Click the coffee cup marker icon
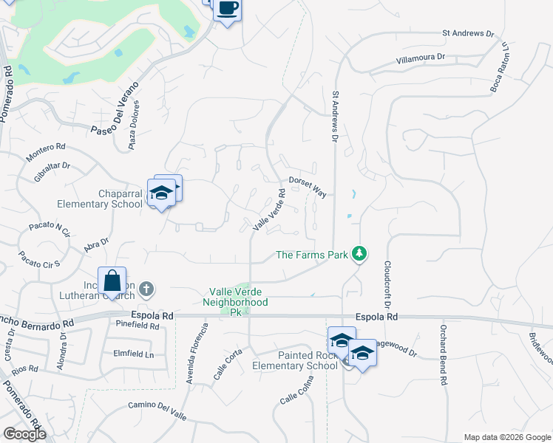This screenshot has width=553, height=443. point(228,9)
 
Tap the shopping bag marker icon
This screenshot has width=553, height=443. point(112,281)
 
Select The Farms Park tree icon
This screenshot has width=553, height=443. point(359,254)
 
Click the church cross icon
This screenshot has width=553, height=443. point(146,289)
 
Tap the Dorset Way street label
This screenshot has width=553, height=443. point(308,186)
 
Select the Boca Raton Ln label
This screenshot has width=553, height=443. point(501,68)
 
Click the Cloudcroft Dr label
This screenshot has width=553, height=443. point(386,284)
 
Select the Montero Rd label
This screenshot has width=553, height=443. point(46,153)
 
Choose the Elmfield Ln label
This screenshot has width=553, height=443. point(133,354)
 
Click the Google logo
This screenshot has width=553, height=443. point(24,434)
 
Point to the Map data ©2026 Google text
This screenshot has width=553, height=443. point(506,437)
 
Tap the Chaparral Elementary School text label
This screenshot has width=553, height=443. point(100,199)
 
